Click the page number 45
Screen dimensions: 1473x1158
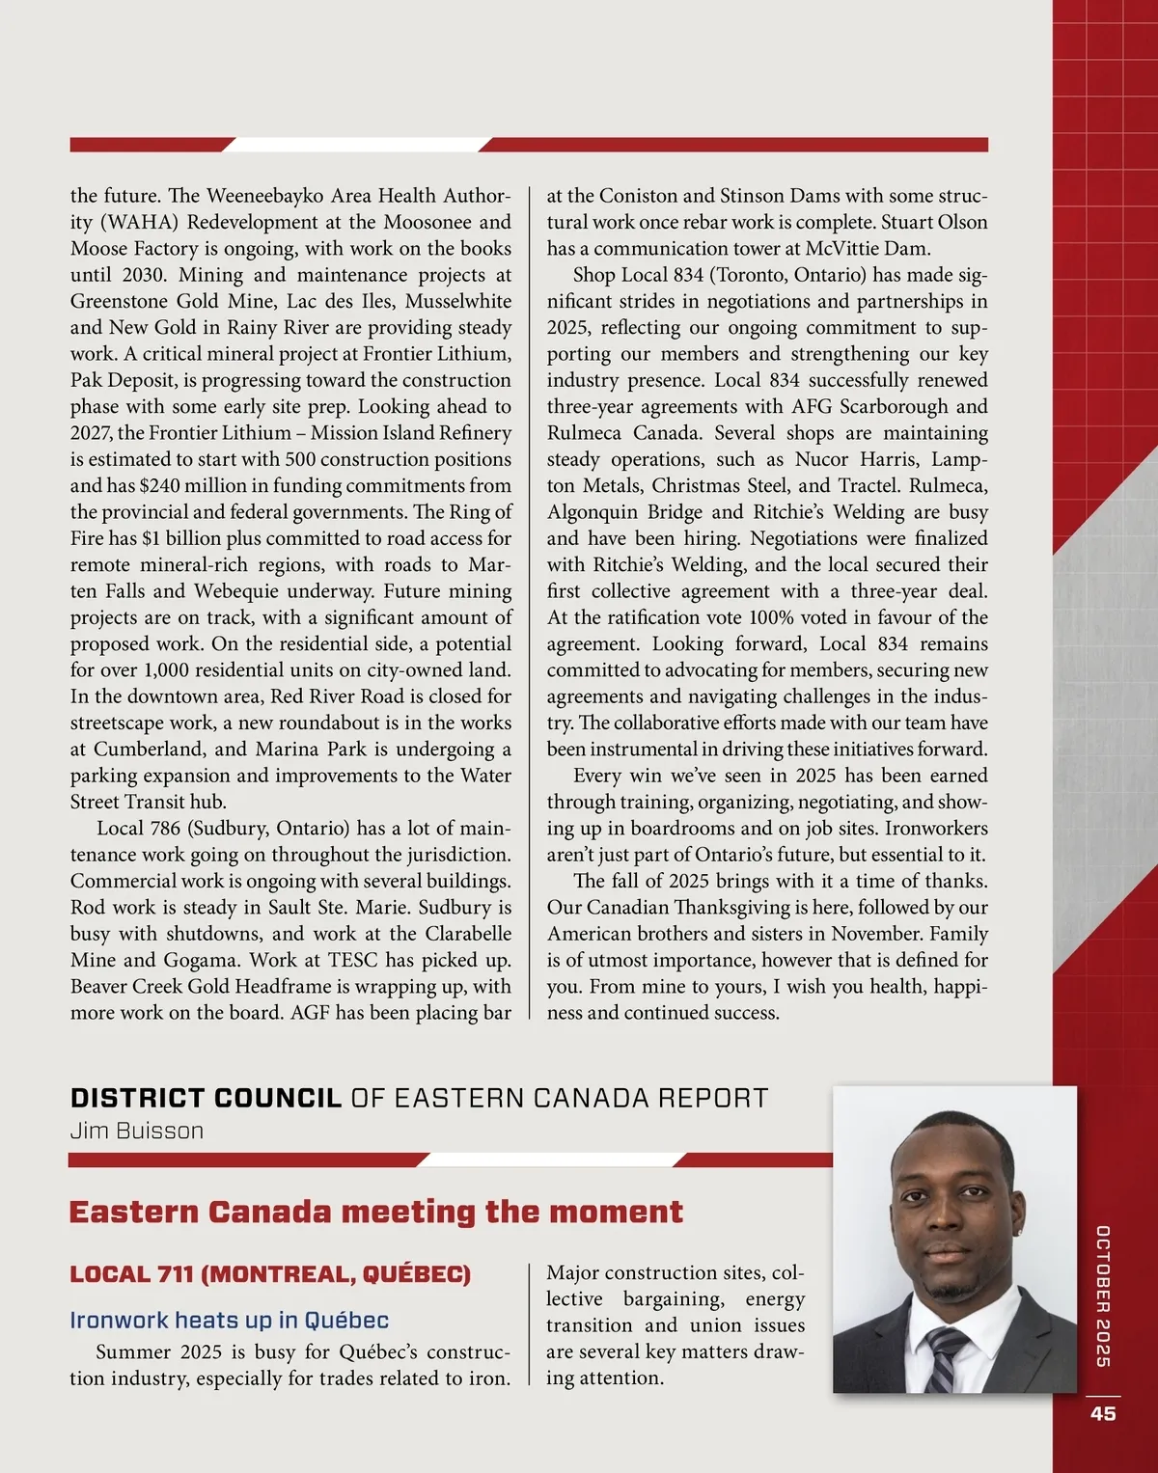click(1103, 1413)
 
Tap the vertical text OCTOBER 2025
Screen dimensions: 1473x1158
click(1103, 1296)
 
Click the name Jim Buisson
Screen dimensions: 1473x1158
click(136, 1131)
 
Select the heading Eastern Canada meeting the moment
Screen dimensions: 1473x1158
click(375, 1212)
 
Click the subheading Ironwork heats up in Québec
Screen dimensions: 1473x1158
click(229, 1320)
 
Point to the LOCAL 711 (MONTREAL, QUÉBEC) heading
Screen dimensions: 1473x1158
click(270, 1274)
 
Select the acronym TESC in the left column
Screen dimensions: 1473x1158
click(352, 960)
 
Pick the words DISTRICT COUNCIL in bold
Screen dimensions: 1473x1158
click(206, 1098)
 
